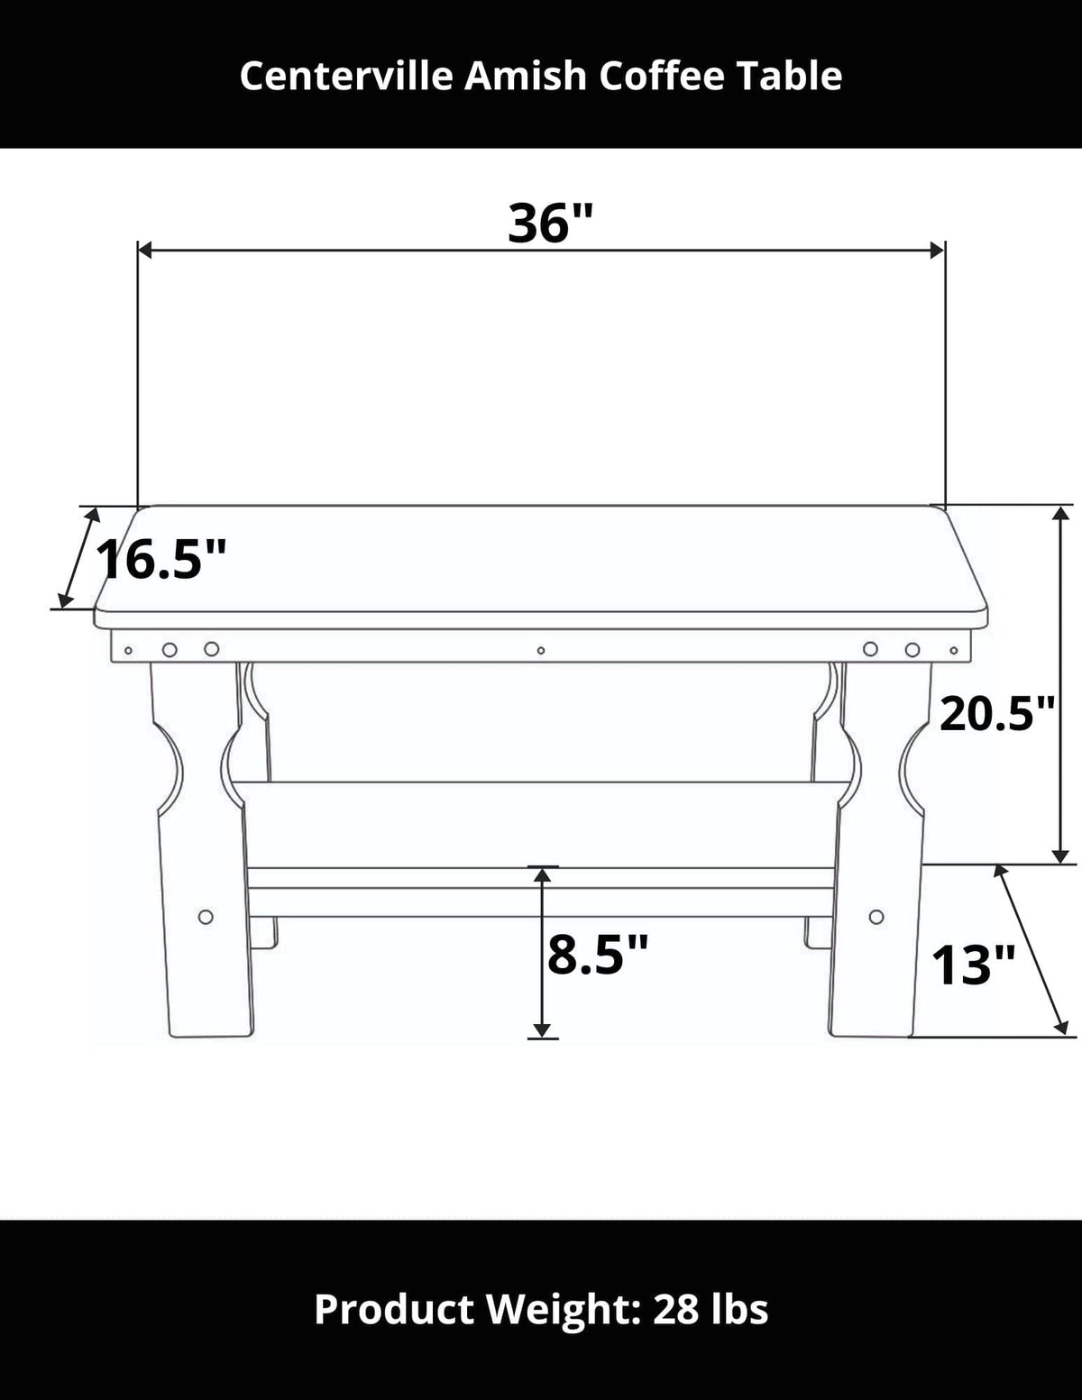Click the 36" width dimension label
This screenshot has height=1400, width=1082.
click(550, 223)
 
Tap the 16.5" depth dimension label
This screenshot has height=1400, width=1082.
click(160, 560)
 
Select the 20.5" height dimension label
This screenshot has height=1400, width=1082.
click(996, 715)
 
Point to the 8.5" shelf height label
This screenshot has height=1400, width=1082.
click(598, 955)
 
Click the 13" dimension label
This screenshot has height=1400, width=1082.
click(973, 965)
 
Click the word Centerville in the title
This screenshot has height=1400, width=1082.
click(348, 77)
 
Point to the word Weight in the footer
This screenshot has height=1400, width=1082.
click(560, 1309)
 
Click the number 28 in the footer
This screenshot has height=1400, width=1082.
click(676, 1309)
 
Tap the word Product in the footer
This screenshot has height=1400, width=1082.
click(393, 1309)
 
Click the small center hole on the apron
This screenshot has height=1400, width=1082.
click(541, 650)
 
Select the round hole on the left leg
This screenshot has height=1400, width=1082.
click(206, 917)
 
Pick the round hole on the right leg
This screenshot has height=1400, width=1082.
click(876, 917)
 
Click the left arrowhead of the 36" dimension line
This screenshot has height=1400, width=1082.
click(144, 251)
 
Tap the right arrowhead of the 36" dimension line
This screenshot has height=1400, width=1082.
click(938, 251)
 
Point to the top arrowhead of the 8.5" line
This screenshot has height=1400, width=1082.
click(541, 874)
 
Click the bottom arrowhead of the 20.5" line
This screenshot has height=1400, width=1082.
click(1061, 856)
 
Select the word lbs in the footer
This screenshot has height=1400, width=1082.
click(739, 1309)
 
